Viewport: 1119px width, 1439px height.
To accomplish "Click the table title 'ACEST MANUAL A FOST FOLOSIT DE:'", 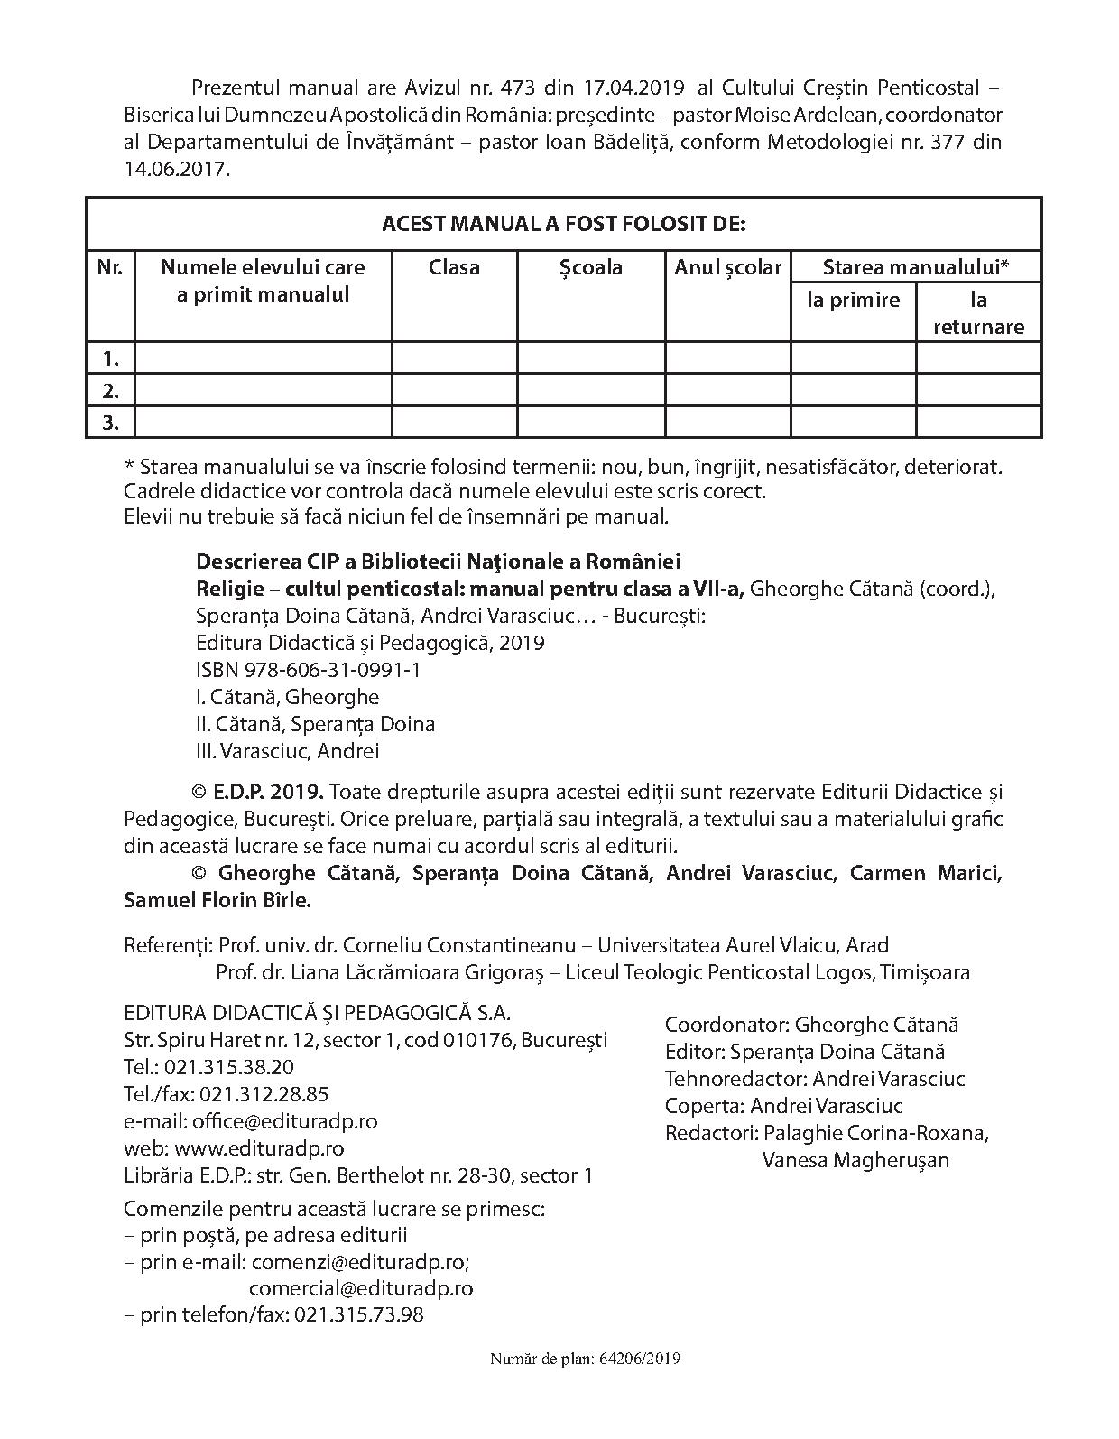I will click(x=563, y=224).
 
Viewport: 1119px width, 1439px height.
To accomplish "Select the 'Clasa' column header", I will click(x=454, y=267).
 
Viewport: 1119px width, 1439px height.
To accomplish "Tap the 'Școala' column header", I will click(x=591, y=267).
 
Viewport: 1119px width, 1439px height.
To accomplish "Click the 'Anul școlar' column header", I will click(x=727, y=267).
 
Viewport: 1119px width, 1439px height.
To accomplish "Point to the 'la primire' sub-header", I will click(x=853, y=300).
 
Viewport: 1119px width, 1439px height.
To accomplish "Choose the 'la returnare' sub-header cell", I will click(x=978, y=313).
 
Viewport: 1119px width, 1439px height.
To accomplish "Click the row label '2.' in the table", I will click(x=110, y=390).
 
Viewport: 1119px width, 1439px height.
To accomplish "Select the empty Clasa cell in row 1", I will click(x=454, y=357).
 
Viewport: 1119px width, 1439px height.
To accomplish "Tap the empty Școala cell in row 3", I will click(x=591, y=422).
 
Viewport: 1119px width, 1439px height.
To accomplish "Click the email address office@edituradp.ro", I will click(x=284, y=1121).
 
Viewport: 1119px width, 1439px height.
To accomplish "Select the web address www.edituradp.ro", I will click(x=259, y=1148).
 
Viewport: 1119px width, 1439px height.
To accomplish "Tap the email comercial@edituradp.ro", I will click(x=361, y=1287).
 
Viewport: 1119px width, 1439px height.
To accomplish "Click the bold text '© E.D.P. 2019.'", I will click(x=257, y=793).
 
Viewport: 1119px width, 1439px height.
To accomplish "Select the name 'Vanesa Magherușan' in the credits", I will click(x=855, y=1160).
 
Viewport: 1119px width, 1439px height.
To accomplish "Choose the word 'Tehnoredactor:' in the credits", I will click(x=735, y=1079).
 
